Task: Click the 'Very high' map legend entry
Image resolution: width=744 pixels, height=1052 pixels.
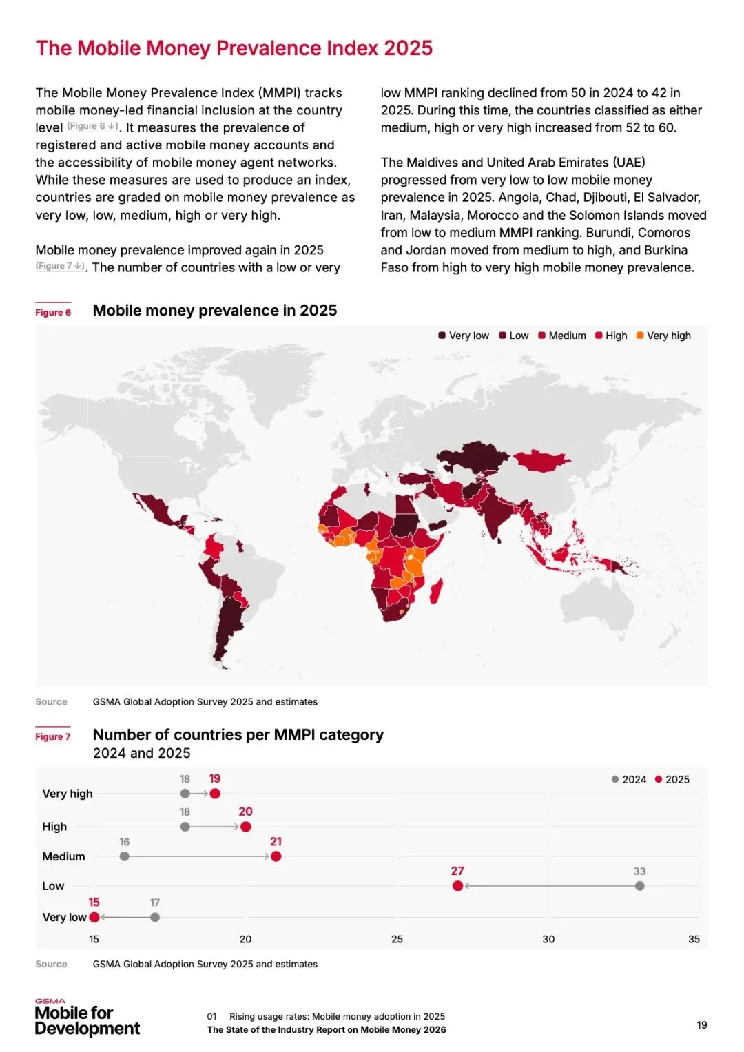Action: pos(663,336)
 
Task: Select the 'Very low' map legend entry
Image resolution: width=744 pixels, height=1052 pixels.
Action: pos(464,336)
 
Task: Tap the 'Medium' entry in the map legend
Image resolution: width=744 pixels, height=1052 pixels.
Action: pos(562,336)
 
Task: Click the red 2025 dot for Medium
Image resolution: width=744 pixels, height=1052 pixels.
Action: pos(276,856)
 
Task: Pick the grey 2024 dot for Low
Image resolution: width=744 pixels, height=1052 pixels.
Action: pos(640,886)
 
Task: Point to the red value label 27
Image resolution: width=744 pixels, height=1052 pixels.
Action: pos(457,871)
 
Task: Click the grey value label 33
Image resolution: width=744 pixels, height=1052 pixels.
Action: pos(640,871)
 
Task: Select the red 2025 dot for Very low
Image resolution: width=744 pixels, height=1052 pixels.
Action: pos(94,917)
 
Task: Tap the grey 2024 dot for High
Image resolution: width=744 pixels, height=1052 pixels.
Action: pos(185,827)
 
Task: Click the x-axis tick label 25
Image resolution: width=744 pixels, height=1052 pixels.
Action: pos(397,939)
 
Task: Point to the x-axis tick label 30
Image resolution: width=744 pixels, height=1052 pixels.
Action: pos(548,939)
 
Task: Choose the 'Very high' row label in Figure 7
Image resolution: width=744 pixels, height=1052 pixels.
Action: pos(68,794)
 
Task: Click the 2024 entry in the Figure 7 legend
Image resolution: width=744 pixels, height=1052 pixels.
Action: pos(629,779)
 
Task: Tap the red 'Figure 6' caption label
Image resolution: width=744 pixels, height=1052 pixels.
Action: pos(53,312)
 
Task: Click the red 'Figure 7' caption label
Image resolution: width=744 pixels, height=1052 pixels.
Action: pos(53,736)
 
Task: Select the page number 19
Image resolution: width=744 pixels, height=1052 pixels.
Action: pos(702,1024)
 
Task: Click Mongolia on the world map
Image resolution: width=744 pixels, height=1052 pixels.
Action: pos(542,460)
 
